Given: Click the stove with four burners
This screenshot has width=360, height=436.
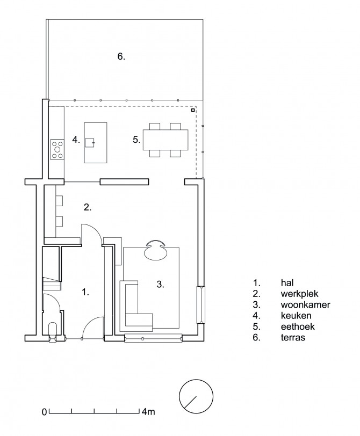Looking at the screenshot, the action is point(57,149).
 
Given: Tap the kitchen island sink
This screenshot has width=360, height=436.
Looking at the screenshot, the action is point(90,142).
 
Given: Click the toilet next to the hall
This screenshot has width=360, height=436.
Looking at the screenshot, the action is point(52,330).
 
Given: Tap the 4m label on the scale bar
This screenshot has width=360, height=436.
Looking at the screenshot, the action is point(148,411).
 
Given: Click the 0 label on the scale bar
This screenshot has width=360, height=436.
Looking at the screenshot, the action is point(45,412).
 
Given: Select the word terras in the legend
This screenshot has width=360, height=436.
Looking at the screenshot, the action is point(293,337).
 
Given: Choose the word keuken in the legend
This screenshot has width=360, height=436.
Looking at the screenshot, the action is point(296,316).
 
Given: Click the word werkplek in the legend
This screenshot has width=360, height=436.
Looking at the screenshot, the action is point(299,294).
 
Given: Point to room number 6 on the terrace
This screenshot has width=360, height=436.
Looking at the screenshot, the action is point(121,56).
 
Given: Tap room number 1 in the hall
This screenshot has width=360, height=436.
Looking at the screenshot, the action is point(85,292).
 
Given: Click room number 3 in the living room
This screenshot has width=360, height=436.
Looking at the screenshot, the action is point(160,284).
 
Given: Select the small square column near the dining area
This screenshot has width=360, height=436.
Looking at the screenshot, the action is point(192,111).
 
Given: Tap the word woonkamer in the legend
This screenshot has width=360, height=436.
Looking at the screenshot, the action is point(306,304).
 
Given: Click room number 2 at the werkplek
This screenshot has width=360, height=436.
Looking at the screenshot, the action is point(88,207).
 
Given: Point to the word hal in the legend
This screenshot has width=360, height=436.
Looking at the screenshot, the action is point(287,283).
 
